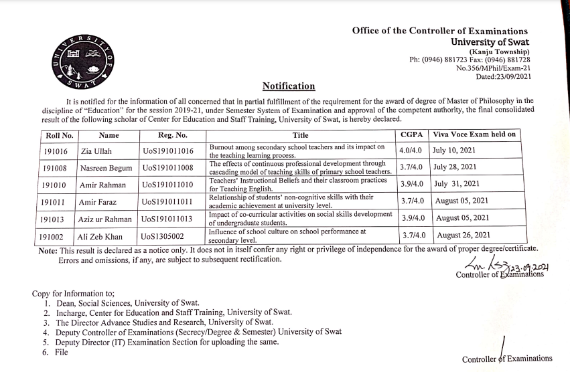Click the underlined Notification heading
click(x=289, y=86)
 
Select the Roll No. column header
click(x=59, y=135)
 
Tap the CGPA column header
click(x=411, y=135)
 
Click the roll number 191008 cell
click(x=56, y=168)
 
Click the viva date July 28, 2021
click(x=455, y=167)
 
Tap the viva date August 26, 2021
click(x=464, y=236)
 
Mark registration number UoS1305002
click(x=164, y=236)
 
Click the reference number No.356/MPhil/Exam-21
click(x=493, y=68)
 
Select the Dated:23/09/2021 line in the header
click(x=503, y=77)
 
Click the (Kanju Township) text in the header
click(x=499, y=52)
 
